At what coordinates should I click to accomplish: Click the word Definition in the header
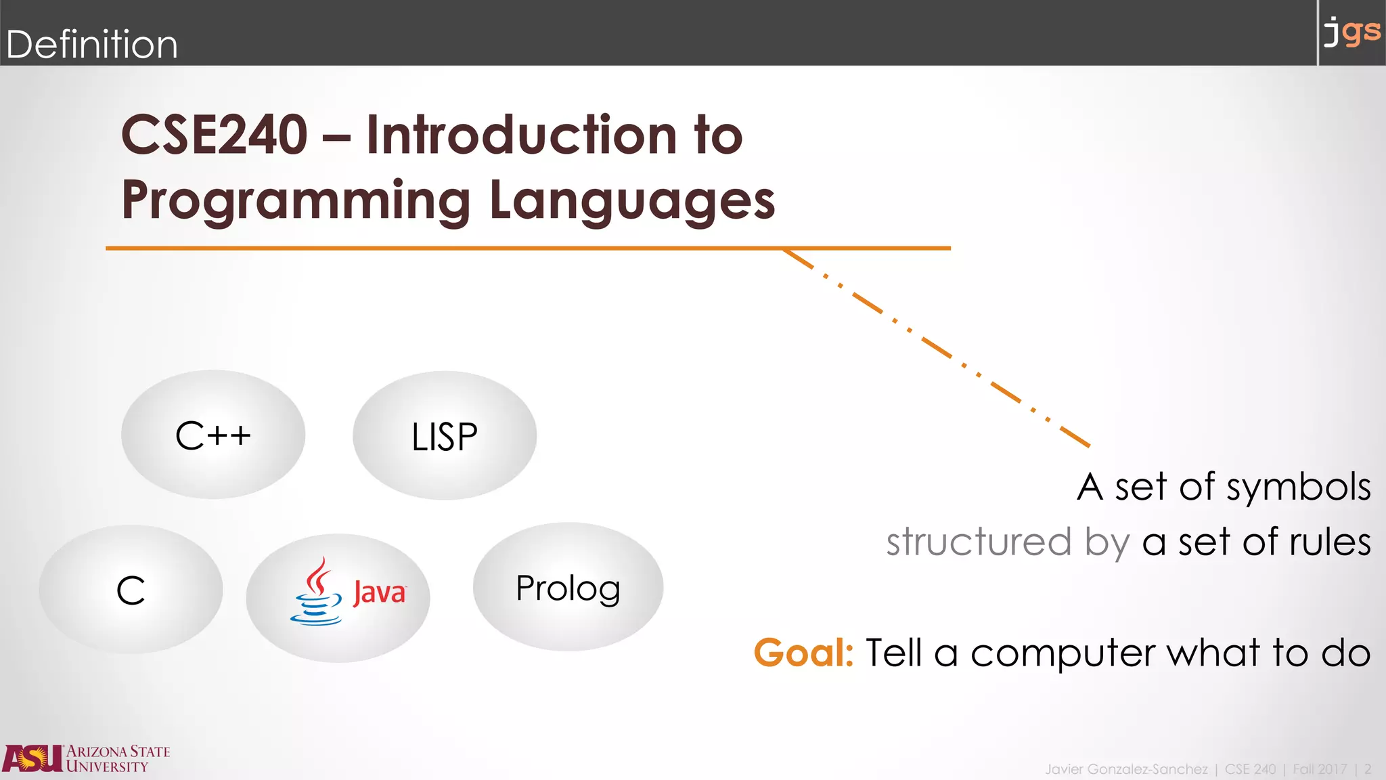(91, 45)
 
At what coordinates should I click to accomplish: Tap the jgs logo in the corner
(1351, 32)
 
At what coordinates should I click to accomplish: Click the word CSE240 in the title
(214, 135)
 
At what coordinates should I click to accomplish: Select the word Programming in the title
(296, 200)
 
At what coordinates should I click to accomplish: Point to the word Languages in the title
(631, 200)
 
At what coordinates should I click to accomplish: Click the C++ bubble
(213, 435)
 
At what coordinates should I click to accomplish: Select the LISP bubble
(445, 436)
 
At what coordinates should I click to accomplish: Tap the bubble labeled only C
(131, 590)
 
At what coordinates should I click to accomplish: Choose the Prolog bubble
(568, 587)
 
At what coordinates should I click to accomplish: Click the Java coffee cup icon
(316, 592)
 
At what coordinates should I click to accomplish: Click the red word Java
(379, 593)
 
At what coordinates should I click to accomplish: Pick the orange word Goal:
(803, 653)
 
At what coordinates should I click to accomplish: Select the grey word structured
(979, 542)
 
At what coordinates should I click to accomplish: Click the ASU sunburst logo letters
(32, 758)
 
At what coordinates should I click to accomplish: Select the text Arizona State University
(118, 759)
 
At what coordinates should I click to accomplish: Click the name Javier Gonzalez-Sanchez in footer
(1125, 769)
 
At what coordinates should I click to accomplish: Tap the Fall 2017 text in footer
(1319, 769)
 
